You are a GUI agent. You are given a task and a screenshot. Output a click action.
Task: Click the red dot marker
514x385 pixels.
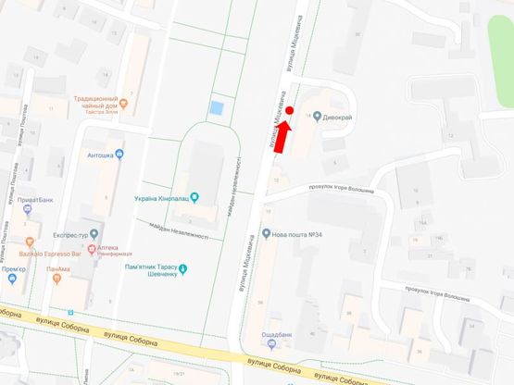coord(289,111)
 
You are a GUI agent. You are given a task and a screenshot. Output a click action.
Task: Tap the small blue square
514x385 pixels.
coord(217,108)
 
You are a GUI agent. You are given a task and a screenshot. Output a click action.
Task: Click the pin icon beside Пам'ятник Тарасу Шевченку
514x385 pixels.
coord(183,269)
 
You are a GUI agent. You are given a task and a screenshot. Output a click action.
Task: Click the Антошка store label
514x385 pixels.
coord(101,155)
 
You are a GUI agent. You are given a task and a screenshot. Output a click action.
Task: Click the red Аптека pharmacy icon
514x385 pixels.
coord(91,249)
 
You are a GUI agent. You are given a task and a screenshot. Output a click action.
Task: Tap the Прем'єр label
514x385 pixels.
coord(12,269)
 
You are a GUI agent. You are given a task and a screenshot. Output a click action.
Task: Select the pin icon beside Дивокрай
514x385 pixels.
coord(317,118)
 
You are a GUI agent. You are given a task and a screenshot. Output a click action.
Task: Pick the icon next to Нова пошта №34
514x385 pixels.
coord(266,234)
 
